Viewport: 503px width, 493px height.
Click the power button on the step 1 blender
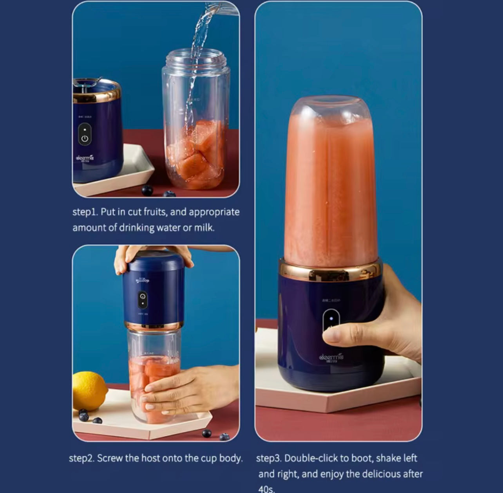pos(85,138)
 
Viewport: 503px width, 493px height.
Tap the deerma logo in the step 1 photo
pos(85,158)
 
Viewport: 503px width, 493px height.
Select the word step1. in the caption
pos(85,212)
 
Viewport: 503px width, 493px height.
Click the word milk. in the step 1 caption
pos(204,228)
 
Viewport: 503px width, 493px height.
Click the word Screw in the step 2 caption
pos(110,458)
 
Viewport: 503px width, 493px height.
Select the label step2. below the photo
pos(81,458)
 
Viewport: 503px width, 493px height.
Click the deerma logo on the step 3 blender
pos(331,357)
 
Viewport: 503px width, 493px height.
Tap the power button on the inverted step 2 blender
pos(143,299)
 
